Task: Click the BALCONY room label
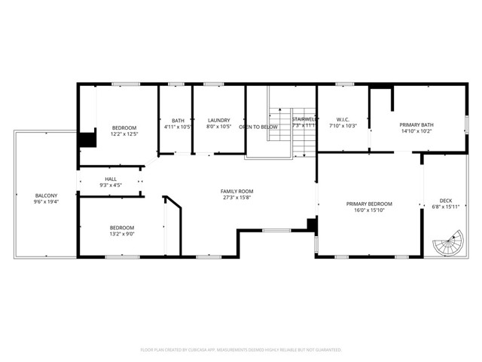coord(46,195)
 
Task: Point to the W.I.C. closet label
coord(343,120)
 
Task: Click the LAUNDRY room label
coord(218,120)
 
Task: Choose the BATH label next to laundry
coord(178,120)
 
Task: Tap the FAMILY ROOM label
coord(236,192)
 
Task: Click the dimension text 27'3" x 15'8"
coord(236,198)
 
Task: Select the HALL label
coord(111,179)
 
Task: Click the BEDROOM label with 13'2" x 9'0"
coord(122,228)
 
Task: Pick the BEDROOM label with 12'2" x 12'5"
coord(124,127)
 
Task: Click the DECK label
coord(446,201)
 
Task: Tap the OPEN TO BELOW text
coord(258,127)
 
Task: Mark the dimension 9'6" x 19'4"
coord(46,202)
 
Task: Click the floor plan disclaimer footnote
coord(241,350)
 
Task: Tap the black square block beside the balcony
coord(88,140)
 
